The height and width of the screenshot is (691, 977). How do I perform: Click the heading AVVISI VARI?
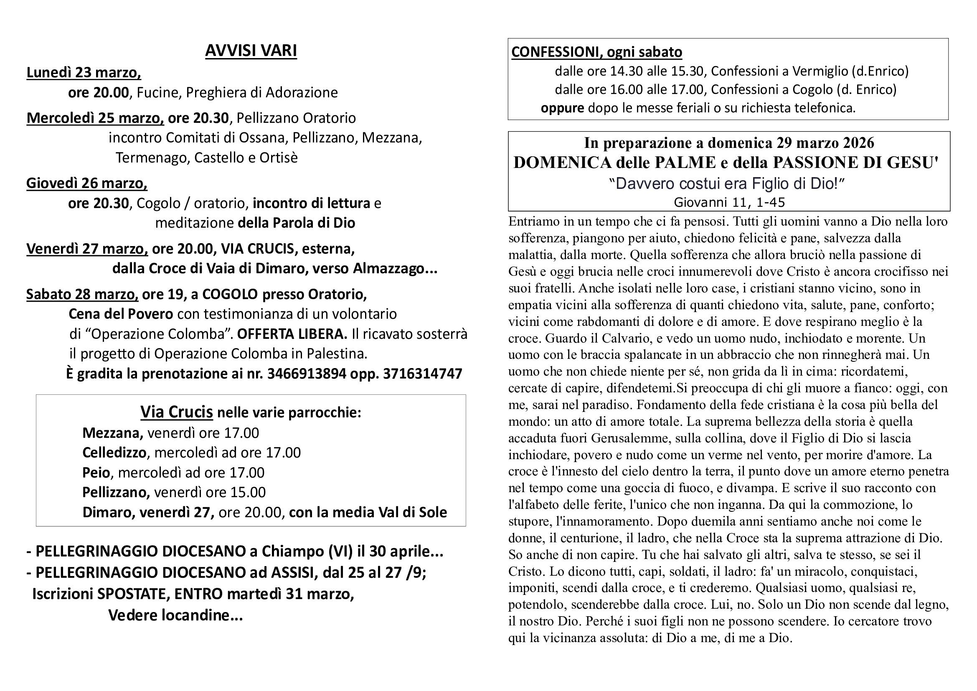pos(251,51)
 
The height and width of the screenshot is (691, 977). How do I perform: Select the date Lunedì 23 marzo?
pos(84,73)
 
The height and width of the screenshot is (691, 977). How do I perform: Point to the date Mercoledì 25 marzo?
pos(95,118)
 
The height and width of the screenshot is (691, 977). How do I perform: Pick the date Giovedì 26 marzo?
pos(86,183)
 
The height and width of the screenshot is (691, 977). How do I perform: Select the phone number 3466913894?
pos(306,374)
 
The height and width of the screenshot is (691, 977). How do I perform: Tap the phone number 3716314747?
pos(422,374)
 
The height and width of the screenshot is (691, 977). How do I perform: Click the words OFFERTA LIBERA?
pos(292,335)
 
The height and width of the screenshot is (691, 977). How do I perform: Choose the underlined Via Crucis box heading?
pos(177,412)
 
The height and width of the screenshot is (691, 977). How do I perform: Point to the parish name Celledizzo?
pos(114,452)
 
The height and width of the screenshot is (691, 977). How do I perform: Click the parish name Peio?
pos(96,473)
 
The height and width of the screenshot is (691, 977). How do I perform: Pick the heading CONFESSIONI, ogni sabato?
pos(596,52)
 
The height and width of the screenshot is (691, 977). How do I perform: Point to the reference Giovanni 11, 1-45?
pos(729,203)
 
